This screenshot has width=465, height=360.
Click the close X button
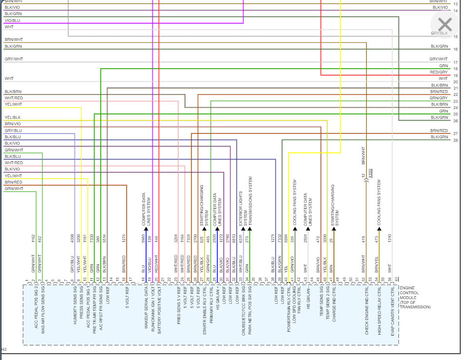pyautogui.click(x=445, y=24)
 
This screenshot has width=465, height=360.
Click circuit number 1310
pyautogui.click(x=390, y=239)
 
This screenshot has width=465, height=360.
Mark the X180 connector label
pyautogui.click(x=371, y=173)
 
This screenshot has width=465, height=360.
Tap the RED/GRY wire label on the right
pyautogui.click(x=439, y=72)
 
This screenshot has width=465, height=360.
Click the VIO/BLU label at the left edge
pyautogui.click(x=13, y=20)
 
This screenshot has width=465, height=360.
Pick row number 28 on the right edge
pyautogui.click(x=455, y=140)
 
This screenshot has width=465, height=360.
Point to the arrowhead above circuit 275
pyautogui.click(x=249, y=228)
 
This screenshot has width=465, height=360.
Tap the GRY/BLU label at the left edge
pyautogui.click(x=13, y=131)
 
